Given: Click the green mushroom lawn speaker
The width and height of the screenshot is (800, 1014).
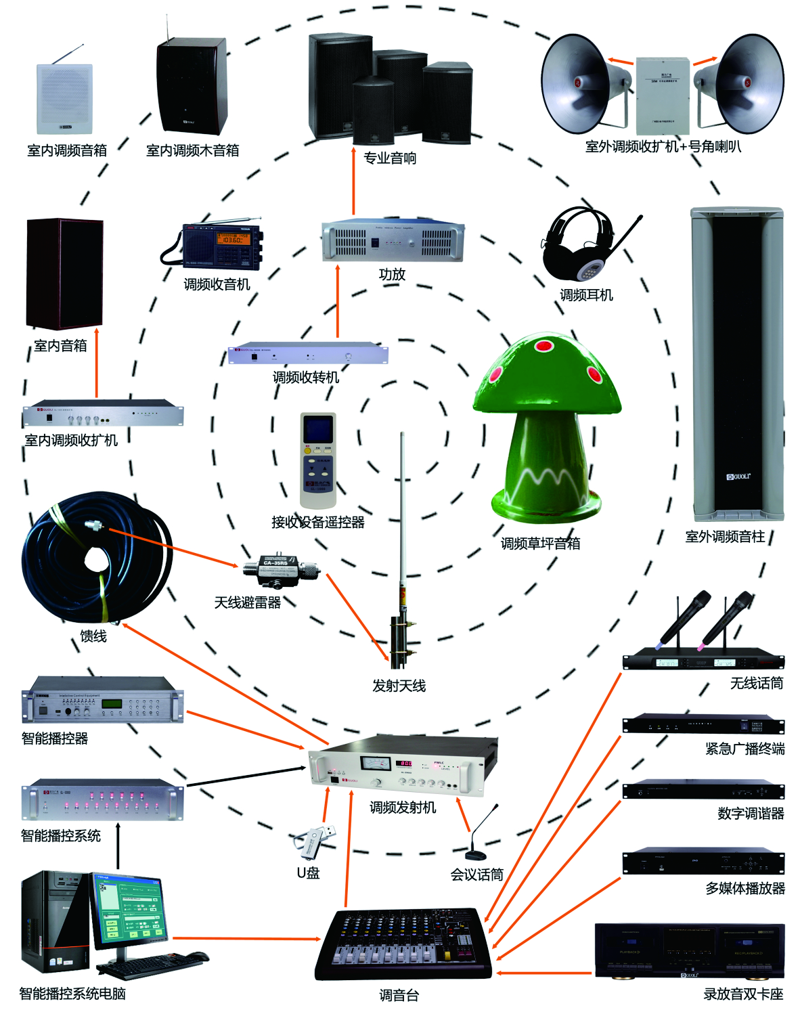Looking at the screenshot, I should (x=548, y=426).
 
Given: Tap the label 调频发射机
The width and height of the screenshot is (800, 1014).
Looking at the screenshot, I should (x=403, y=808).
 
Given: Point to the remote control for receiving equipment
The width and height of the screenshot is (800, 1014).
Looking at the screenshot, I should (x=318, y=460).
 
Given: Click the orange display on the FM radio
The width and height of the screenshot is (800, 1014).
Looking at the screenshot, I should (x=232, y=240).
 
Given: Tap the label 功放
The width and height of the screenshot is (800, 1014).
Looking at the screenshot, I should (x=392, y=274).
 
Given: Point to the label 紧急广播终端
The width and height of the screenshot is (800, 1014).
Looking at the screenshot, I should (x=745, y=749).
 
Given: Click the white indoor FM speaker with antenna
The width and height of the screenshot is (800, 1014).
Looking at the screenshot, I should (x=64, y=98).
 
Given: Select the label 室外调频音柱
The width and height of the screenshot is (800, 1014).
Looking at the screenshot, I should (x=725, y=537).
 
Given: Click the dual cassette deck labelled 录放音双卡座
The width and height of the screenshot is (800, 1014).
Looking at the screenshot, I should (x=689, y=951).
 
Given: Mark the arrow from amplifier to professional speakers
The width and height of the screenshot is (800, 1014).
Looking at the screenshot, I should (x=353, y=181).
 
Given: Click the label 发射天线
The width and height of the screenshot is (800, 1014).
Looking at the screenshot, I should (x=399, y=686).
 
